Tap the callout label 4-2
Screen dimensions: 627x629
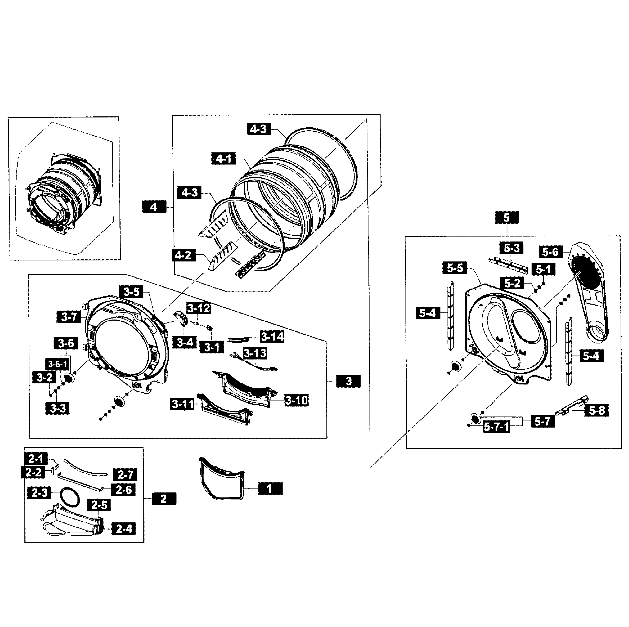(x=183, y=255)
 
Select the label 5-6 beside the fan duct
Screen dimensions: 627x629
(x=550, y=252)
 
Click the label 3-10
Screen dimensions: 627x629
(x=296, y=400)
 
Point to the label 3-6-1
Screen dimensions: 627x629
(x=57, y=364)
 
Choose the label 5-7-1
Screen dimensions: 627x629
(x=496, y=427)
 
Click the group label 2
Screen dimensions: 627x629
(x=164, y=499)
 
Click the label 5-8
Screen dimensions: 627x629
(x=597, y=410)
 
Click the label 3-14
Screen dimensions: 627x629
(x=272, y=336)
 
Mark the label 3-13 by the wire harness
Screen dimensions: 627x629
(x=254, y=353)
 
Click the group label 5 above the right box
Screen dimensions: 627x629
(x=507, y=218)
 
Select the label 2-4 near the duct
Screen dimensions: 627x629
(x=124, y=528)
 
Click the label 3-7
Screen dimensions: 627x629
(x=69, y=317)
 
